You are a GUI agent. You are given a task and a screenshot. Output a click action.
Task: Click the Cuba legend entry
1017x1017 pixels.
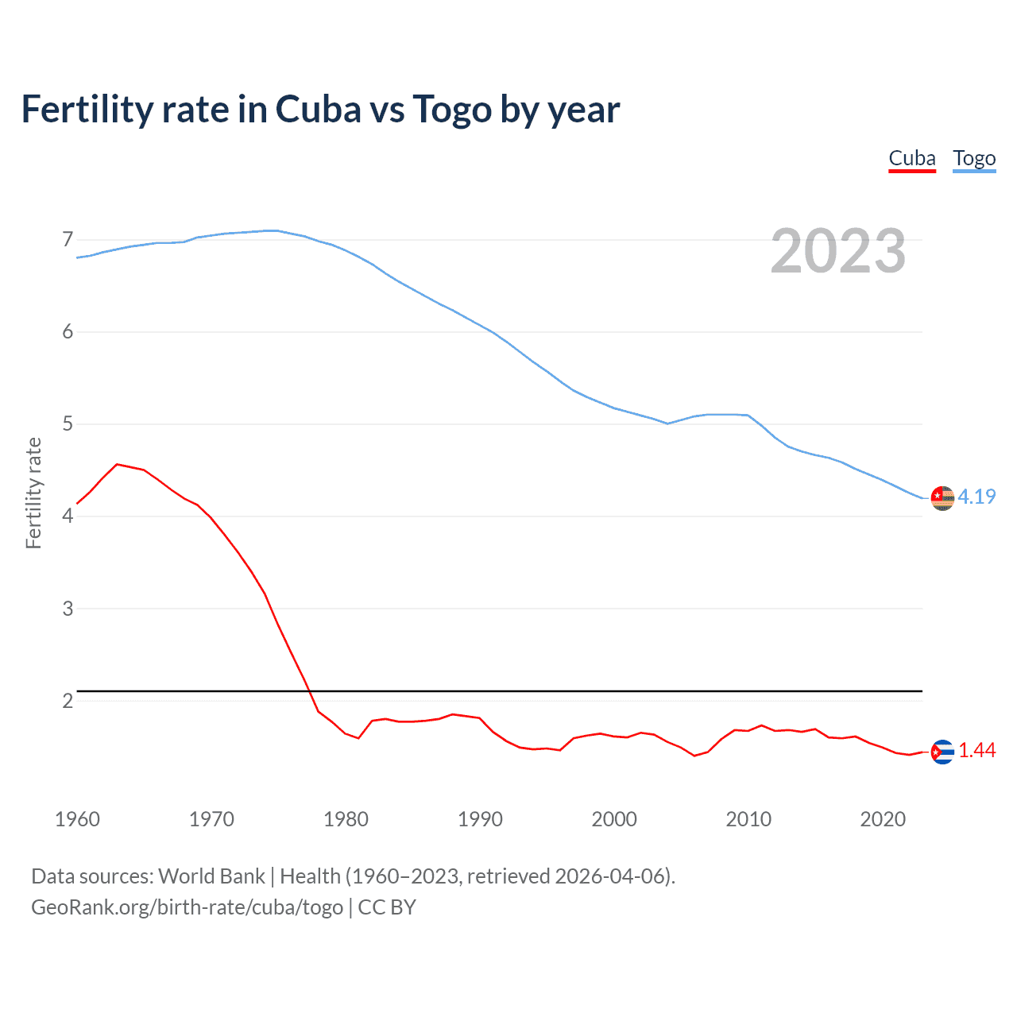[911, 158]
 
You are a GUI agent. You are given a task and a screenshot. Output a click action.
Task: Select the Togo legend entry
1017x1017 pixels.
[974, 158]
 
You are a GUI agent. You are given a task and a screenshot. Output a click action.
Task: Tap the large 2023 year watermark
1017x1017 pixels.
[838, 251]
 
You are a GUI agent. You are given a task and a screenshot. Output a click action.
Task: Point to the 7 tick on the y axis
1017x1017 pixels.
[68, 239]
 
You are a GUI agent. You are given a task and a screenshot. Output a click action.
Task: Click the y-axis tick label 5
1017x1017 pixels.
[68, 423]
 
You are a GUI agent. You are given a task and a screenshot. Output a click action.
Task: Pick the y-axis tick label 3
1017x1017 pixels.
[68, 609]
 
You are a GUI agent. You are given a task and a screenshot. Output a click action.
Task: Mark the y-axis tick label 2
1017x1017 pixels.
[68, 701]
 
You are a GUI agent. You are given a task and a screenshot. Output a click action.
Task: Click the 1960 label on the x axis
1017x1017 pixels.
[77, 819]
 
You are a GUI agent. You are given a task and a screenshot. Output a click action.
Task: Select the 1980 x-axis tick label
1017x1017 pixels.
[346, 819]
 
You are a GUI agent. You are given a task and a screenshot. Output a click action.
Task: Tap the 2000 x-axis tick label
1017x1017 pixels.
[614, 819]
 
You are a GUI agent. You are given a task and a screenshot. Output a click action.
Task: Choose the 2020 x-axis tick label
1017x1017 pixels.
[883, 819]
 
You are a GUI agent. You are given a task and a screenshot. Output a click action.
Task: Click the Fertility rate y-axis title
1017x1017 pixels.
[33, 493]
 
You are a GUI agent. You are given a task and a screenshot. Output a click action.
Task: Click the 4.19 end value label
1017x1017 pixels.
[976, 497]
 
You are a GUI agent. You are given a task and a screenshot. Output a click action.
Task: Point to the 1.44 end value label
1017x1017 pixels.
[976, 750]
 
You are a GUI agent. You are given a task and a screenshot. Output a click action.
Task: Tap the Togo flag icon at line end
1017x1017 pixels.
[942, 497]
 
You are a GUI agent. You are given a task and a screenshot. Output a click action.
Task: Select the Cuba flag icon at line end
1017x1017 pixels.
[942, 751]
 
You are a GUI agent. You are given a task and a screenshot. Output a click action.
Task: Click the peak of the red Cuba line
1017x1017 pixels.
[117, 464]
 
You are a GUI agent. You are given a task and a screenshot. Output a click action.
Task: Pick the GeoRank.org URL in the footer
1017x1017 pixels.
[187, 907]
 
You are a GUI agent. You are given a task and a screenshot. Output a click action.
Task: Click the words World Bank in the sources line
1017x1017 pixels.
[211, 876]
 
